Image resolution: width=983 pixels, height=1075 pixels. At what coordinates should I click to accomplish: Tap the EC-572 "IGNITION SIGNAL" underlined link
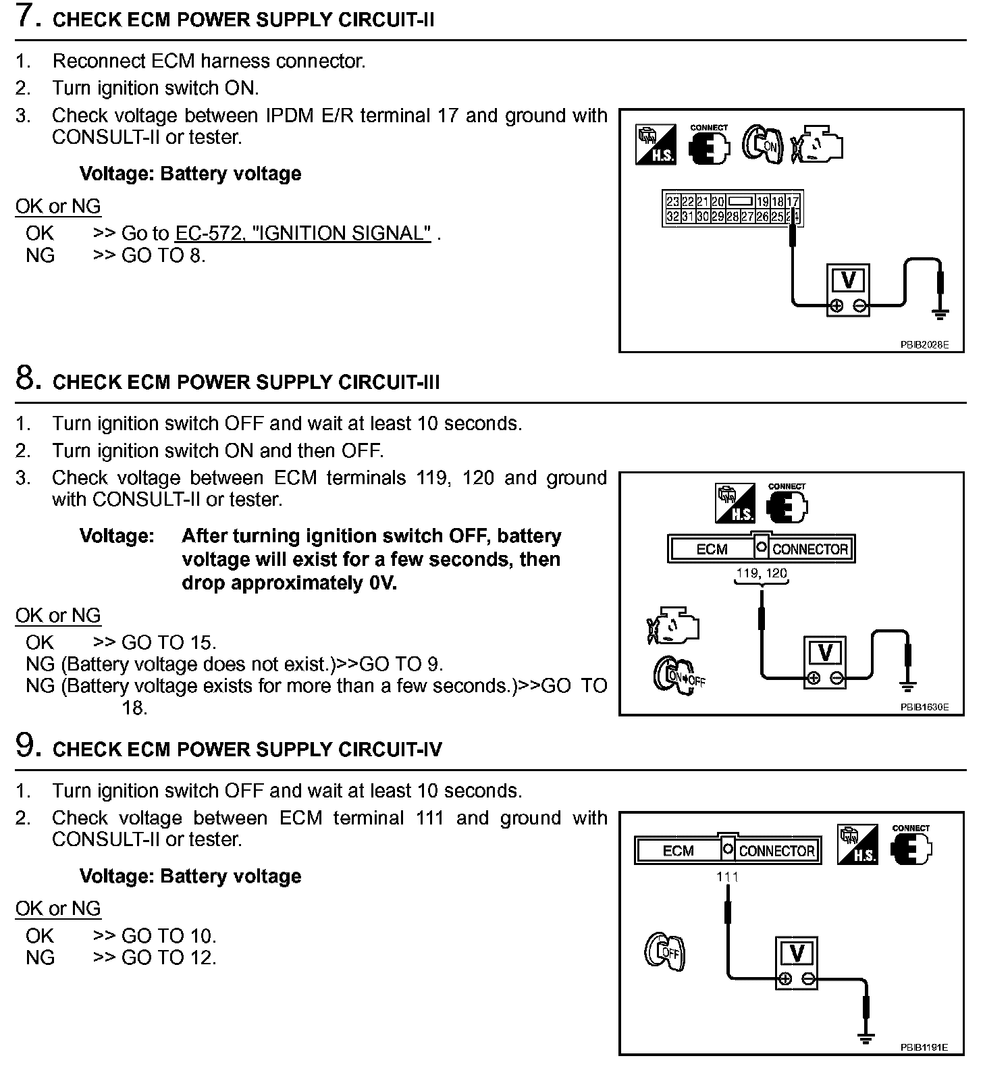[303, 234]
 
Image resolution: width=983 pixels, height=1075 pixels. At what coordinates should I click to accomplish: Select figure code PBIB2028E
[924, 344]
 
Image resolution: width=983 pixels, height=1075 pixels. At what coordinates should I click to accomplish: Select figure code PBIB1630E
[924, 707]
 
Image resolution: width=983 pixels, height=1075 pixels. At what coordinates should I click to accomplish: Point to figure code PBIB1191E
[924, 1066]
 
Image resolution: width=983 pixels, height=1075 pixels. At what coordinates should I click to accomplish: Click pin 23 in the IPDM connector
[672, 202]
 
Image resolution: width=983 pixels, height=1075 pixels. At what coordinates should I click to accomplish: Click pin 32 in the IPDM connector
[672, 216]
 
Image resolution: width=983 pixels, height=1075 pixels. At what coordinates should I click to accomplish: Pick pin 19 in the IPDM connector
[762, 202]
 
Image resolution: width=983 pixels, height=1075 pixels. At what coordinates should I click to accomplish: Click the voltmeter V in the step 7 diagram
[848, 280]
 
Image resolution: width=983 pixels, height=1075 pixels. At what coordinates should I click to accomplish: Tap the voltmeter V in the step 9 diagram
[797, 953]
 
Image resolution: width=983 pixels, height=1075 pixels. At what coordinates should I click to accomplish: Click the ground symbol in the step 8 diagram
[908, 687]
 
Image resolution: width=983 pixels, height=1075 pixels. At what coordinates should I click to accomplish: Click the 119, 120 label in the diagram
[762, 574]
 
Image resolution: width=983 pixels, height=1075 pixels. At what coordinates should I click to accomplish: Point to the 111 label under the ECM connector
[728, 876]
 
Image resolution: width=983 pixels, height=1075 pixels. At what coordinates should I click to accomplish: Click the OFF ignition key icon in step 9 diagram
[664, 952]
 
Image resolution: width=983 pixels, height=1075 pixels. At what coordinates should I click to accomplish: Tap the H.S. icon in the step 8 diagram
[735, 504]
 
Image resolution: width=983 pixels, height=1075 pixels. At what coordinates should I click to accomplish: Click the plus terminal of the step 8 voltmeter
[814, 678]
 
